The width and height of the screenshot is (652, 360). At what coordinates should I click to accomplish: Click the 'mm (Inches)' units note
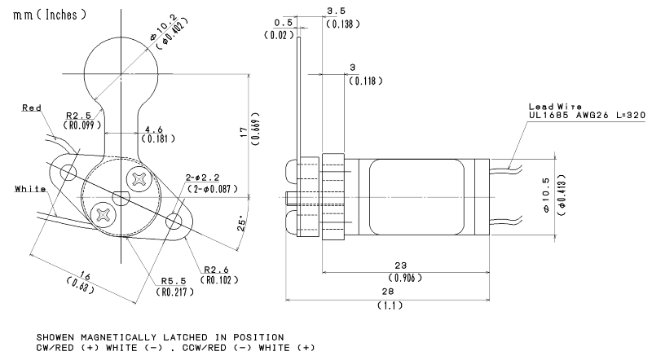click(50, 15)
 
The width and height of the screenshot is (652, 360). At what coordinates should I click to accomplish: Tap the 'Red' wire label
click(32, 108)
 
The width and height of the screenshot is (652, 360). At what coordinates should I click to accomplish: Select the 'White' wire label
click(30, 189)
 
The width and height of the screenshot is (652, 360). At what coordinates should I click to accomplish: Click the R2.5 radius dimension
click(78, 116)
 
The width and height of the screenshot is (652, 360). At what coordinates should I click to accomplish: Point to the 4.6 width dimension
click(154, 130)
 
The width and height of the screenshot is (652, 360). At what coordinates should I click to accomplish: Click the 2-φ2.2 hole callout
click(202, 178)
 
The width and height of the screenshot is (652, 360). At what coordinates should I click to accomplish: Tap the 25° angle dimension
click(242, 224)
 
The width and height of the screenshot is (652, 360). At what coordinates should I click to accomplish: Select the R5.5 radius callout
click(174, 281)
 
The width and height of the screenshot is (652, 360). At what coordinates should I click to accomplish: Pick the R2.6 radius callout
click(216, 270)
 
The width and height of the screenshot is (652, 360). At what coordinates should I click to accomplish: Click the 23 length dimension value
click(400, 266)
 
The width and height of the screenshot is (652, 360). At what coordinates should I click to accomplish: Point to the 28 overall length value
click(387, 292)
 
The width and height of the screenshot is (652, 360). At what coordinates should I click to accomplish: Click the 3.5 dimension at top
click(336, 11)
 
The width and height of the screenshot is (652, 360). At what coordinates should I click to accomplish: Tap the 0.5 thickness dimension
click(283, 23)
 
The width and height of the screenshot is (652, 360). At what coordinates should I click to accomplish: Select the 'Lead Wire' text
click(555, 107)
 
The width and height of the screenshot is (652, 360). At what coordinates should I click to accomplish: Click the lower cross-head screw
click(103, 214)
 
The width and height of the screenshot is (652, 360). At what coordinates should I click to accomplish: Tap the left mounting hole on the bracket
click(68, 172)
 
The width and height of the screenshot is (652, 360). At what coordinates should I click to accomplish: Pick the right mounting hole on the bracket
click(174, 222)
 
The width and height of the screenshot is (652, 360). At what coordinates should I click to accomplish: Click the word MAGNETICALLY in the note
click(118, 337)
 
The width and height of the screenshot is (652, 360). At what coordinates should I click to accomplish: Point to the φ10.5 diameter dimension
click(546, 195)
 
